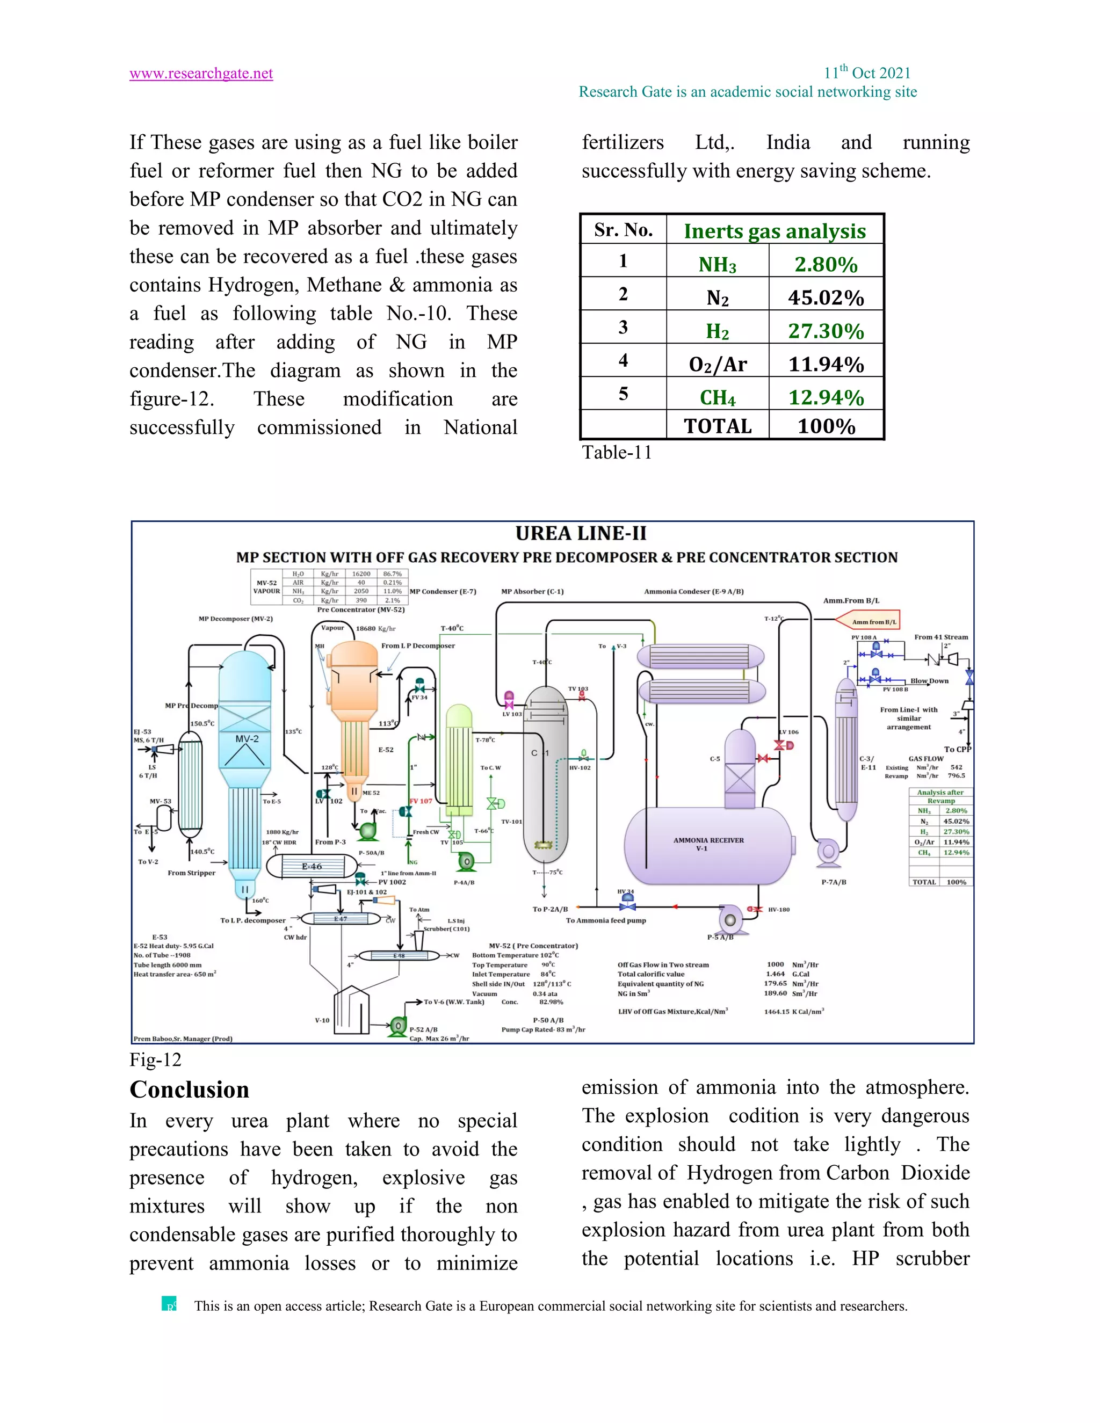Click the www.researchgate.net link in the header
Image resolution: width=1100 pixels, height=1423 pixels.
tap(201, 74)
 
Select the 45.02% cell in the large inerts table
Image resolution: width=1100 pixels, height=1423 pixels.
tap(826, 298)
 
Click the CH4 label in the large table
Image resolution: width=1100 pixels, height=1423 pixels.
tap(717, 397)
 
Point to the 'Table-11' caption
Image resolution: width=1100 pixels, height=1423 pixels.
tap(617, 452)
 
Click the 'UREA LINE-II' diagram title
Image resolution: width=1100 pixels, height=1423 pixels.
tap(581, 534)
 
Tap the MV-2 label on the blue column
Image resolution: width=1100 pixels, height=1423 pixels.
tap(247, 739)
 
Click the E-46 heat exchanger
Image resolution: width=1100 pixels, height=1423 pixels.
tap(312, 867)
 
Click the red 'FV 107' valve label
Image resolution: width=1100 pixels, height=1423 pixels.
tap(421, 801)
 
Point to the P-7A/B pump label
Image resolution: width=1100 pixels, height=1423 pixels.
tap(834, 882)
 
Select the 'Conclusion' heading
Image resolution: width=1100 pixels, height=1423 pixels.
tap(189, 1090)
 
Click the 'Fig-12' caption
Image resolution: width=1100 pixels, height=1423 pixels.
tap(155, 1059)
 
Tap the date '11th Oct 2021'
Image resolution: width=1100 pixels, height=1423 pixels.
tap(867, 73)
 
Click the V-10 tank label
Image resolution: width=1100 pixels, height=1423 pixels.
tap(322, 1020)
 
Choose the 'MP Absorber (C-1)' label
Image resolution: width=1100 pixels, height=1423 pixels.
tap(532, 592)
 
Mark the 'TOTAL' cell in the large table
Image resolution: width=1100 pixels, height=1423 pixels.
tap(718, 426)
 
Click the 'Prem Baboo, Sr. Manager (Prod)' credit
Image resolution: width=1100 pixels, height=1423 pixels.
tap(183, 1039)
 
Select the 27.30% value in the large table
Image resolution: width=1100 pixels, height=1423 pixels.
tap(826, 331)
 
